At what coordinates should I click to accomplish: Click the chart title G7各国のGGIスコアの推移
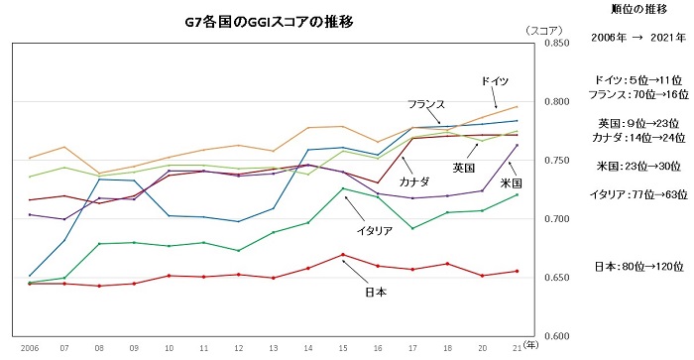coord(270,20)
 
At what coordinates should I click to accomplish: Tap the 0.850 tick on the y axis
coord(555,44)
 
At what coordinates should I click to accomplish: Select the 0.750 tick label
coord(555,160)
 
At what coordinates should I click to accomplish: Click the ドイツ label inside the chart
coord(495,79)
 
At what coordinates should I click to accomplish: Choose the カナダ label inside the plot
coord(415,183)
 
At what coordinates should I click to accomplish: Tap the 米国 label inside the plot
coord(511,183)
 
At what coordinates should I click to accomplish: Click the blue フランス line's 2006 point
coord(30,276)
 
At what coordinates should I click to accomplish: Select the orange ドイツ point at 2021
coord(517,106)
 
